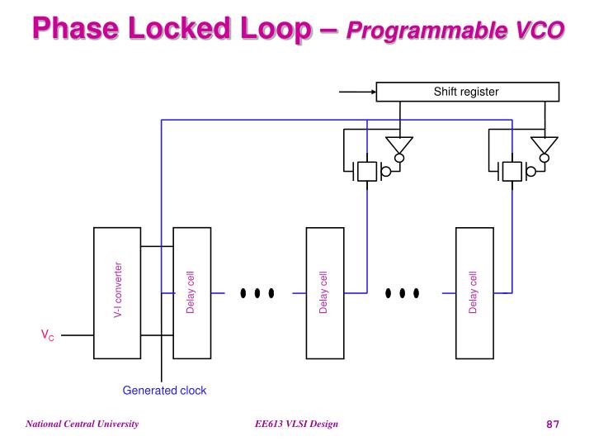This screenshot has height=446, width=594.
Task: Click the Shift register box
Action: (466, 92)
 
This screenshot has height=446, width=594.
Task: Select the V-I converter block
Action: (117, 292)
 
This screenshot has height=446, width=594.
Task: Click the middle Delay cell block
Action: (324, 292)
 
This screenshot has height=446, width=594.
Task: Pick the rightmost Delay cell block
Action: (474, 292)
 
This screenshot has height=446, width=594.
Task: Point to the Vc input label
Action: (48, 335)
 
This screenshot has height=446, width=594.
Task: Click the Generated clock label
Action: (164, 391)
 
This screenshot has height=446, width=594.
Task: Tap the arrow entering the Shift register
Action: (357, 92)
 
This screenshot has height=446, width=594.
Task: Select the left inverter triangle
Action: (400, 146)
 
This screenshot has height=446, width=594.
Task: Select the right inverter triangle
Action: (544, 146)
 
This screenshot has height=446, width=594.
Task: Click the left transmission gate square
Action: (366, 171)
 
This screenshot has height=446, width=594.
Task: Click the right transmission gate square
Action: (511, 171)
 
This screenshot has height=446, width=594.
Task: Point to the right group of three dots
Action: (403, 292)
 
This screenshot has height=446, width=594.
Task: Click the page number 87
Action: (553, 425)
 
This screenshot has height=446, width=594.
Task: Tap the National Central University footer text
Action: (81, 425)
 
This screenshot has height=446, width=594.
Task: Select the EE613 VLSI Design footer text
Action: (296, 425)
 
